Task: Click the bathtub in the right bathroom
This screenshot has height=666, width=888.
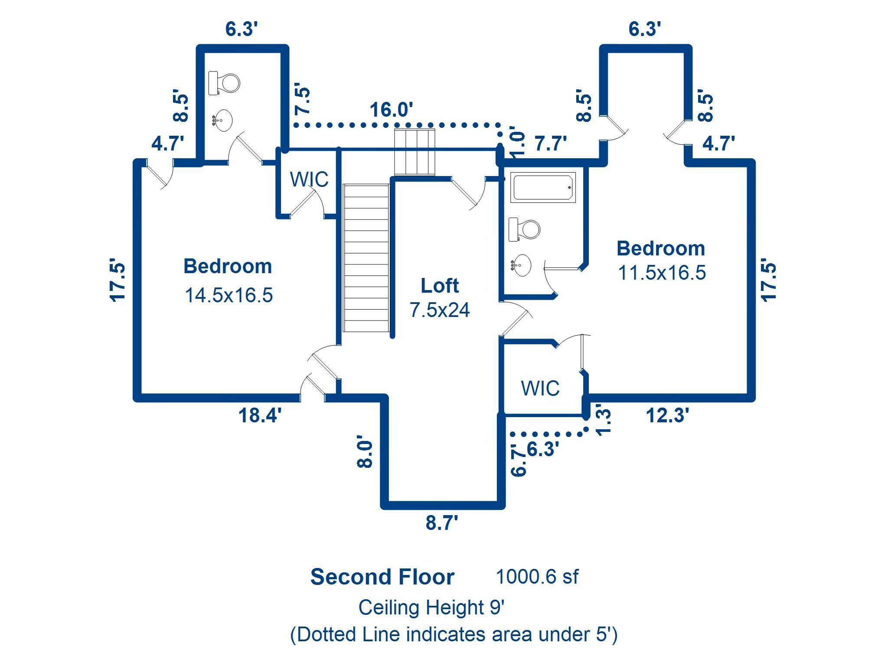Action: (x=543, y=187)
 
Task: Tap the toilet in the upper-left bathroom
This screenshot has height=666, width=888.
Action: (x=224, y=83)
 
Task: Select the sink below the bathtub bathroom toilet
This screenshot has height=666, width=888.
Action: (x=521, y=265)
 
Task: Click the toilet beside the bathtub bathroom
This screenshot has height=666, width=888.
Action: (x=524, y=229)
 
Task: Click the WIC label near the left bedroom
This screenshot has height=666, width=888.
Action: (x=309, y=180)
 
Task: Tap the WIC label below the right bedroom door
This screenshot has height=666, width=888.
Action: (x=540, y=388)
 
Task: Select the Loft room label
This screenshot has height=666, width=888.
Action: (x=440, y=286)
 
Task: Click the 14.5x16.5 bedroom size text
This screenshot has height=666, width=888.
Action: (x=229, y=295)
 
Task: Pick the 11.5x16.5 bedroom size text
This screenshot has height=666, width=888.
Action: (x=662, y=273)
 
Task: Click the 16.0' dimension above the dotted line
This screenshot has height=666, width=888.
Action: (x=391, y=110)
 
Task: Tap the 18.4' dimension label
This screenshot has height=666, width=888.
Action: (x=260, y=415)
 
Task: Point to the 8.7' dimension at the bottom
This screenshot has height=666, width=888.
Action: (x=442, y=523)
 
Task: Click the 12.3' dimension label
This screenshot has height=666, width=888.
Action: (x=668, y=415)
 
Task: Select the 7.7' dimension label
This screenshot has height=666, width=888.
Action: (x=551, y=144)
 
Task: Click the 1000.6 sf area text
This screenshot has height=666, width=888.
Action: (x=537, y=577)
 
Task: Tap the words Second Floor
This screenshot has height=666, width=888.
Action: (x=382, y=577)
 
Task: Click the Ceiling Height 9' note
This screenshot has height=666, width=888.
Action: (x=431, y=607)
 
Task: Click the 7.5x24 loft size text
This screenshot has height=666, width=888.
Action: (x=440, y=310)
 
